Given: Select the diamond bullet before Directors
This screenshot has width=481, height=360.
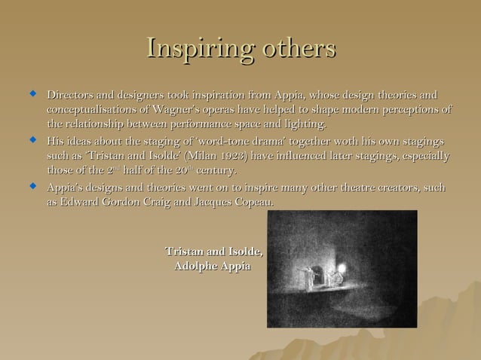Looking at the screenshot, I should [32, 95].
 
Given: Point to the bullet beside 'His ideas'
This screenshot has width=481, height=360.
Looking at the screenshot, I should [32, 140].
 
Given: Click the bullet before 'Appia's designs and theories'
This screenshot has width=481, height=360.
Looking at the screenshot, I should [32, 185].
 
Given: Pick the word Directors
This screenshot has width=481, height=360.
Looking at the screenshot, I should [72, 96].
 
